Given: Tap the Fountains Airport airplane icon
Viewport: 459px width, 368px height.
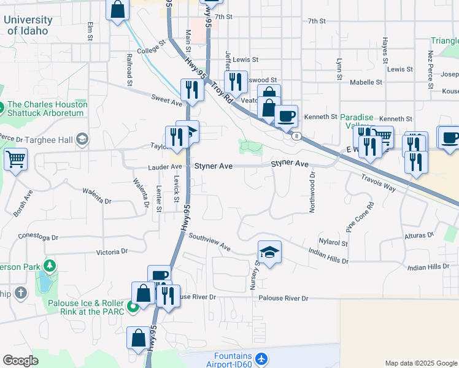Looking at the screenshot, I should (x=262, y=358).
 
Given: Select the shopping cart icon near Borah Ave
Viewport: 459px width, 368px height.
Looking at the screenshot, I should (x=15, y=159).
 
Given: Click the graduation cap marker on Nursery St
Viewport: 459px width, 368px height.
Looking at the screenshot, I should (x=269, y=251).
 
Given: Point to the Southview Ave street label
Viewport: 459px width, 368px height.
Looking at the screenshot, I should (x=209, y=242).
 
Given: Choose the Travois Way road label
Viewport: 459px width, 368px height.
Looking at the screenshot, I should (x=379, y=181).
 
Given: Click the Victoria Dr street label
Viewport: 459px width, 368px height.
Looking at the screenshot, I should (x=112, y=251).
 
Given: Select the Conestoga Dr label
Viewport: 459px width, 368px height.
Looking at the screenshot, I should (x=38, y=237).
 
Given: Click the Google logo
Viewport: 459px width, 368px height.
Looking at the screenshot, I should (x=20, y=361).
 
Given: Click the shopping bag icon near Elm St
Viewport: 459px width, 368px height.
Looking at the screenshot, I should (x=118, y=10).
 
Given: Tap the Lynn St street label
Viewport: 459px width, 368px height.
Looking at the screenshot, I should (x=339, y=69).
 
